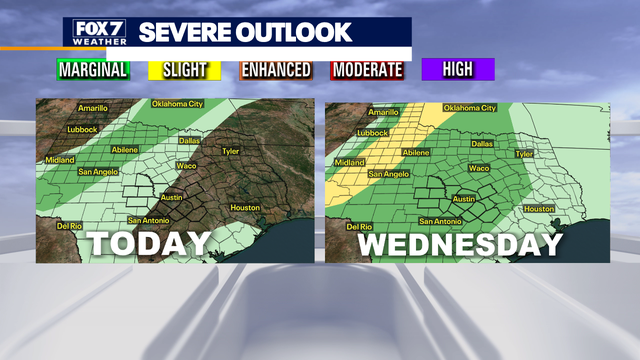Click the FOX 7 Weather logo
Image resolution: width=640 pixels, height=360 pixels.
99,32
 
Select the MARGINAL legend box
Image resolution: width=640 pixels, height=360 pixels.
93,70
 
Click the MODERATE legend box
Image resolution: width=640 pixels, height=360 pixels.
367,70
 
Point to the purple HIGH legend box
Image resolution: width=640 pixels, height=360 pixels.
457,70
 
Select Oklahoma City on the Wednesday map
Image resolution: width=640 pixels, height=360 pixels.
469,108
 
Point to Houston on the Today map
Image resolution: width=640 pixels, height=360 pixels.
246,207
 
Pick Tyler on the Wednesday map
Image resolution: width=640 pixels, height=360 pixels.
523,154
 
